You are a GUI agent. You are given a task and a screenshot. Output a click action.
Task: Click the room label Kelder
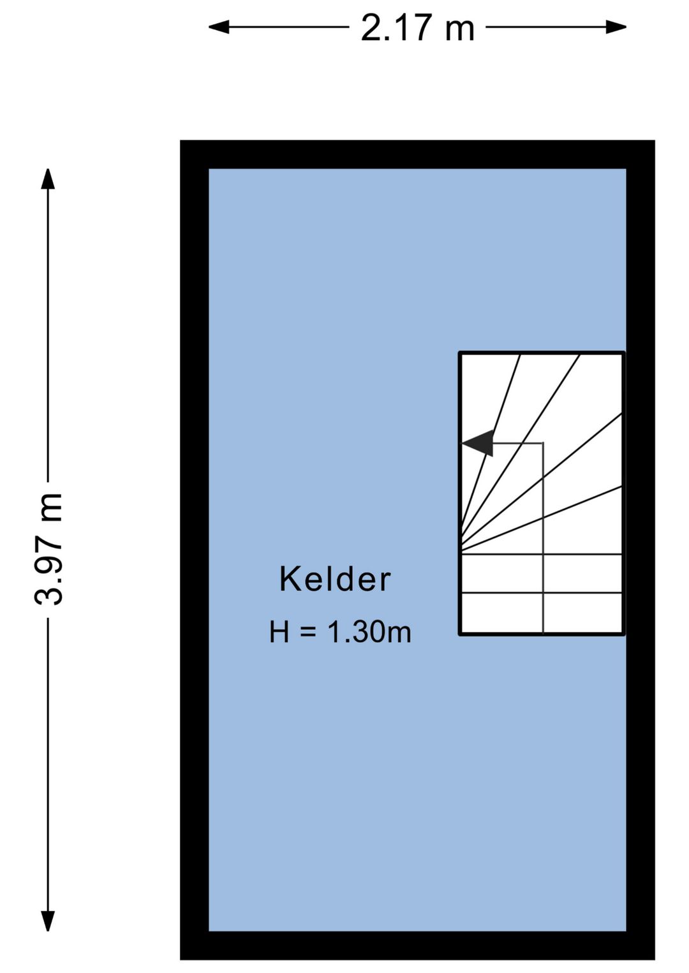click(x=335, y=579)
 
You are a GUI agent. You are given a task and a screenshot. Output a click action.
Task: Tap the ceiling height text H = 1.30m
click(x=340, y=632)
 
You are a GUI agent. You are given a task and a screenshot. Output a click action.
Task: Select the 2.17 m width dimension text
click(x=418, y=28)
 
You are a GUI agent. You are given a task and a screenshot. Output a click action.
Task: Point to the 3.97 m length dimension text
click(x=49, y=549)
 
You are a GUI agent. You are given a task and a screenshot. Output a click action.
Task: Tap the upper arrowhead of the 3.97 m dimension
click(x=48, y=179)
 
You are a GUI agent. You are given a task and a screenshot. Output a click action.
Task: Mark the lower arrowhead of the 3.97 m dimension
click(x=48, y=921)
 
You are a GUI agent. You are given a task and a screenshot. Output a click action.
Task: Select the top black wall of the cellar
click(x=417, y=154)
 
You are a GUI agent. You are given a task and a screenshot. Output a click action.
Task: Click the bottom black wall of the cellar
click(x=417, y=945)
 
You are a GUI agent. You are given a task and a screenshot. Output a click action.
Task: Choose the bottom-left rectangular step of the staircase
click(x=501, y=613)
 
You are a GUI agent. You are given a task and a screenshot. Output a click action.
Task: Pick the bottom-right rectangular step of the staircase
click(x=582, y=613)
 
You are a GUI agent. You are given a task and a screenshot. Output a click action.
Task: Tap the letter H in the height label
click(x=279, y=632)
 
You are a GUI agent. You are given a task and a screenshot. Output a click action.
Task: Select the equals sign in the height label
click(x=308, y=632)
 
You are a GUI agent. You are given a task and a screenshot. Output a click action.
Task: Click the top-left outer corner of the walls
click(x=181, y=141)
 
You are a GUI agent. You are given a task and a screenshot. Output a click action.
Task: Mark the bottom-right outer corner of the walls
click(x=654, y=958)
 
